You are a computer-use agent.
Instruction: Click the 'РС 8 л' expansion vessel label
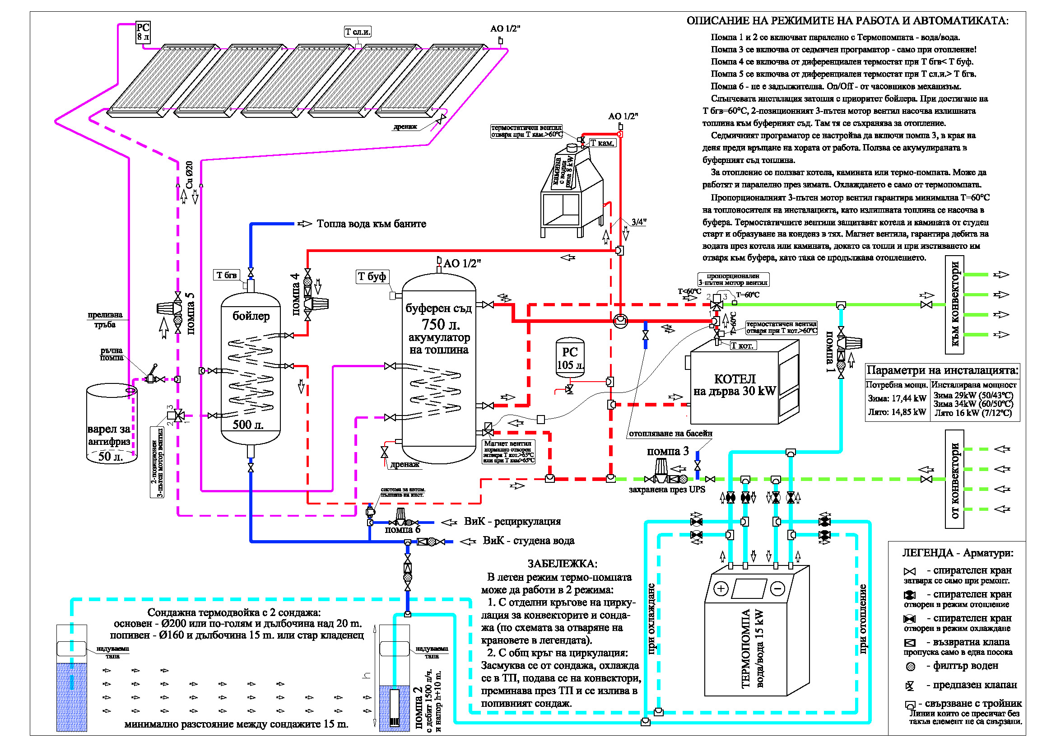[143, 32]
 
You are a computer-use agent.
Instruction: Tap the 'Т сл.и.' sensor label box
[358, 32]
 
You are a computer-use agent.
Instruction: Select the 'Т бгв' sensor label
[226, 275]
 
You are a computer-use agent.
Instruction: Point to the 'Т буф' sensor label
[372, 276]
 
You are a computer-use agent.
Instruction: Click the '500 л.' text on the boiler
[248, 425]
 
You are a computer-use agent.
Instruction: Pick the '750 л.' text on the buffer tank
[440, 325]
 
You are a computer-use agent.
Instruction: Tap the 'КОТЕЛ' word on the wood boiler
[735, 379]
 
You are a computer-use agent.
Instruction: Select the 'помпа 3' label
[668, 451]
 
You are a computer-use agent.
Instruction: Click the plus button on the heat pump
[721, 588]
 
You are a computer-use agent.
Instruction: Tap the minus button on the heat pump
[778, 588]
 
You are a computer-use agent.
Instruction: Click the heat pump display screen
[749, 588]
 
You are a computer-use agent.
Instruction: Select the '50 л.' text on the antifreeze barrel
[110, 456]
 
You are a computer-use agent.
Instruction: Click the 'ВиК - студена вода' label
[528, 541]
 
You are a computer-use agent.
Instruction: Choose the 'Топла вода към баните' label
[371, 224]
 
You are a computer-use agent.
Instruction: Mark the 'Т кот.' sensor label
[742, 345]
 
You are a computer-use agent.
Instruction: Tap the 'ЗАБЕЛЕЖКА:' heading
[562, 564]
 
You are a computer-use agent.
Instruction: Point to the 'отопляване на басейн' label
[670, 433]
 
